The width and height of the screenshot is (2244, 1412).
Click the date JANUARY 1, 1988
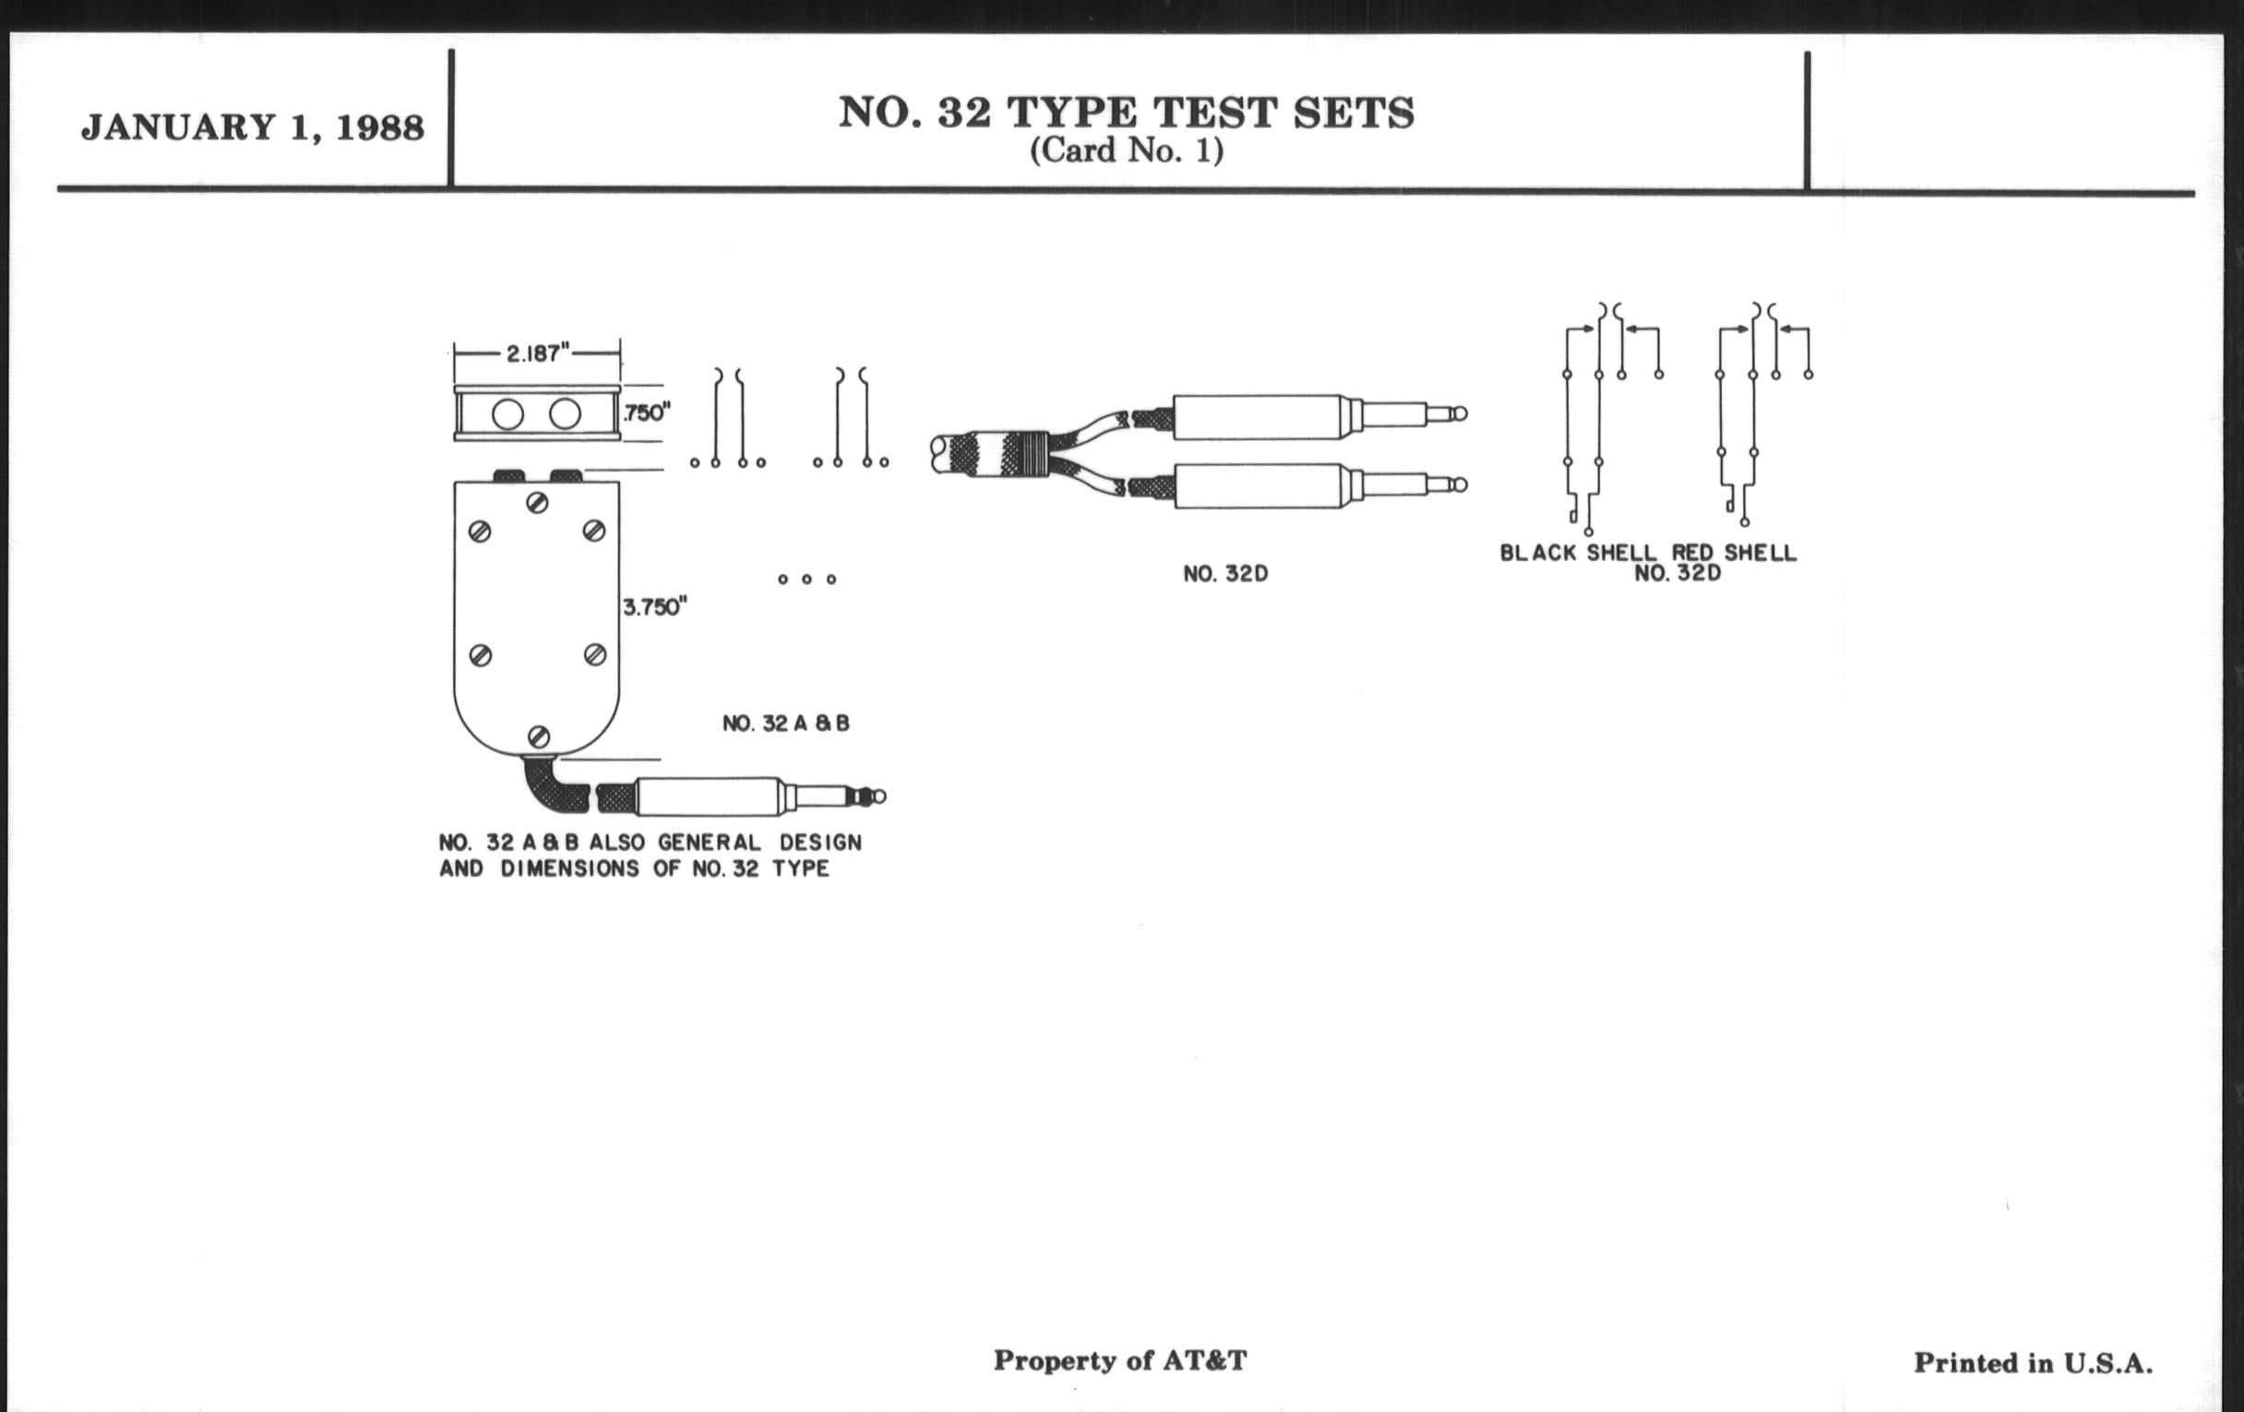click(x=253, y=126)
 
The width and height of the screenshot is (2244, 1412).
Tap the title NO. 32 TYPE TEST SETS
click(x=1126, y=113)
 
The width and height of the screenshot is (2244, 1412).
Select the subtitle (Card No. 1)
click(x=1126, y=151)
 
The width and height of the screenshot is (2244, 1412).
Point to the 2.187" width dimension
click(x=535, y=353)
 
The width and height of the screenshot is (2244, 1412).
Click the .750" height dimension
click(x=646, y=412)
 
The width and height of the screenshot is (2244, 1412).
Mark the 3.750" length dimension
click(x=654, y=607)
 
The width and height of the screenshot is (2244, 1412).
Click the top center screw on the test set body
click(x=537, y=503)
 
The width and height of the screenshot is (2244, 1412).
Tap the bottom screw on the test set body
click(x=538, y=736)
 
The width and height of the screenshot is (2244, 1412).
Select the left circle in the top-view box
click(x=507, y=414)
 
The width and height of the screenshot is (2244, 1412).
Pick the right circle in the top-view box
click(x=565, y=413)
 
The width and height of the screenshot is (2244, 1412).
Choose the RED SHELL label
click(x=1734, y=553)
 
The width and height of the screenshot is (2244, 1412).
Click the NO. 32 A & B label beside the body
click(x=785, y=724)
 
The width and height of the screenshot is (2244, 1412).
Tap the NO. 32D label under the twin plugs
click(x=1225, y=574)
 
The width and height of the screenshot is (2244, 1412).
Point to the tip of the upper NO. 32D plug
click(x=1459, y=413)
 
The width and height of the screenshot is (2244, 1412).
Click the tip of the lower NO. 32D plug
click(x=1459, y=485)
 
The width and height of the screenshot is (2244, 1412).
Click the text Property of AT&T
click(x=1119, y=1360)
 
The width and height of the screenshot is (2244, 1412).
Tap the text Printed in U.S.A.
click(x=2034, y=1363)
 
